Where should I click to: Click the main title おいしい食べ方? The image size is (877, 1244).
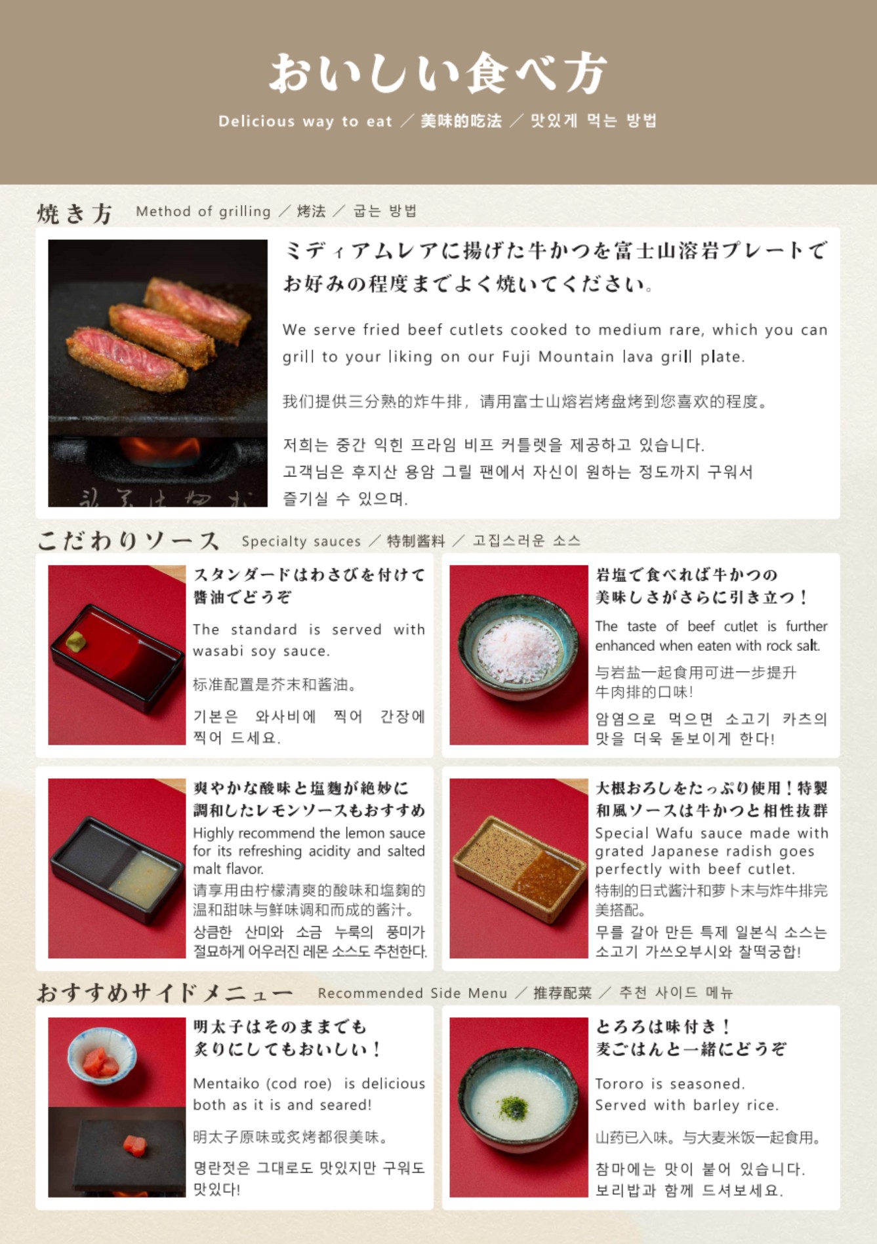click(438, 73)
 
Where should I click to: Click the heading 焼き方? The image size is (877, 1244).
click(75, 214)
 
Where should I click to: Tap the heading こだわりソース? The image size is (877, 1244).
click(128, 541)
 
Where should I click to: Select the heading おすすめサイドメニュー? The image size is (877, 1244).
click(164, 993)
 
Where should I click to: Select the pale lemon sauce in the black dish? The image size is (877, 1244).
click(143, 878)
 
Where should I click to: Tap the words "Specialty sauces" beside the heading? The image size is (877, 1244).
click(301, 541)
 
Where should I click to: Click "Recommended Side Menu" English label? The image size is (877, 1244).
click(412, 993)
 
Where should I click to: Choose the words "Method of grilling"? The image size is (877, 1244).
click(203, 211)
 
